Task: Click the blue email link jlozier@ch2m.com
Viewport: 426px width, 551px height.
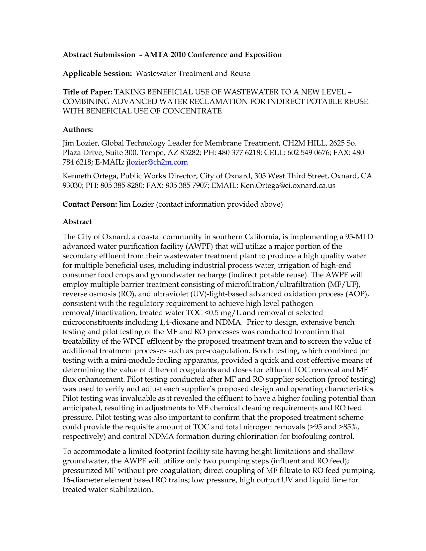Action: click(x=157, y=162)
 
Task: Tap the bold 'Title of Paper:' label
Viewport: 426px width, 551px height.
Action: click(x=87, y=92)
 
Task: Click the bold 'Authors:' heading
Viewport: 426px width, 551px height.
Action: click(x=78, y=130)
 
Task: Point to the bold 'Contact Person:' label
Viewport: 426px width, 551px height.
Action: click(x=90, y=204)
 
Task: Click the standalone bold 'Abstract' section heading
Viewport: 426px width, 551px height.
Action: click(x=77, y=222)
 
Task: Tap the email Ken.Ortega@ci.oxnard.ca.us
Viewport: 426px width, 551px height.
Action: click(x=288, y=186)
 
